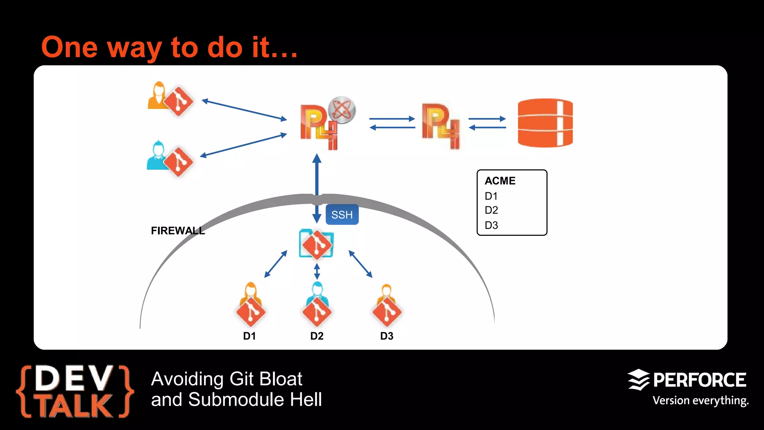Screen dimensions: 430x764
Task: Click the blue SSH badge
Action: tap(342, 215)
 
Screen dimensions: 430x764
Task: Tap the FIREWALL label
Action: tap(178, 231)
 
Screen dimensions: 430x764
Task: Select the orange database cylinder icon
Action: tap(545, 123)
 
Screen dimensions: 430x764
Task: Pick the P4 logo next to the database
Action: tap(441, 126)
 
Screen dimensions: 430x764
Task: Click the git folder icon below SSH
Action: tap(316, 244)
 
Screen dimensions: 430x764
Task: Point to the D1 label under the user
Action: tap(249, 336)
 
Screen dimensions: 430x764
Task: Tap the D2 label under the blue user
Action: tap(317, 336)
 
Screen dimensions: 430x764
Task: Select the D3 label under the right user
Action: tap(386, 336)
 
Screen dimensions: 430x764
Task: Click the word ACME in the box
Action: tap(500, 181)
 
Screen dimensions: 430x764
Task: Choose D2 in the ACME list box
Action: tap(491, 210)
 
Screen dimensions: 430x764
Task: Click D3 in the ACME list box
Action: tap(491, 225)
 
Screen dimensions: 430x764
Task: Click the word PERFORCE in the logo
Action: tap(699, 380)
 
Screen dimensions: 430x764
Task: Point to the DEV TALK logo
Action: tap(75, 391)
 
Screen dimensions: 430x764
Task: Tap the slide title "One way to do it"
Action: tap(170, 47)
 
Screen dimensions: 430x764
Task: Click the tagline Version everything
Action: tap(700, 401)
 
